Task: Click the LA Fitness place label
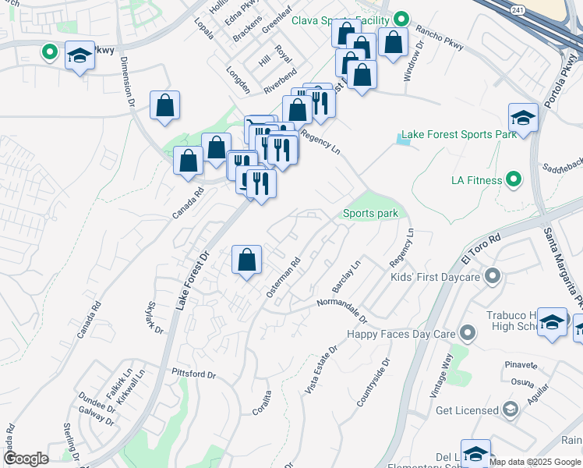coord(477,181)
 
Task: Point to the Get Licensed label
coord(467,410)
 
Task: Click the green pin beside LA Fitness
coord(513,180)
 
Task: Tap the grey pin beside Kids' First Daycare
coord(492,276)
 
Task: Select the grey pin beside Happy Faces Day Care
coord(468,334)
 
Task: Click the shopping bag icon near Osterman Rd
coord(246,261)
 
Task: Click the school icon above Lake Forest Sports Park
coord(524,119)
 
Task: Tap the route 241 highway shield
coord(518,9)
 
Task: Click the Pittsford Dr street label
coord(193,374)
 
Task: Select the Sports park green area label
coord(371,213)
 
